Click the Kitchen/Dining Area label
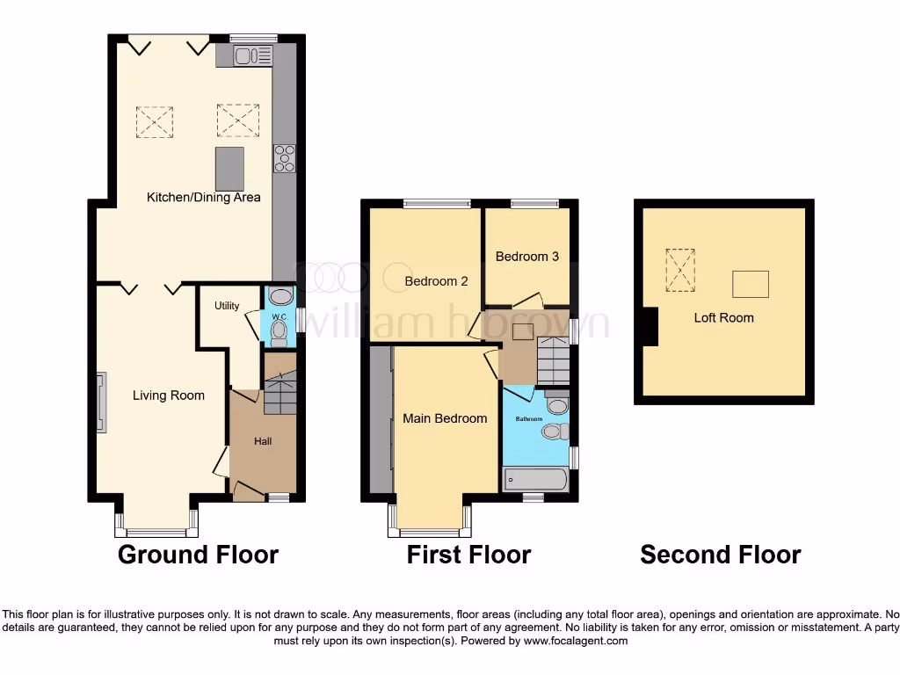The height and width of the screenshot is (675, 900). [203, 197]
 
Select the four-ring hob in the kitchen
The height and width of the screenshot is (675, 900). [285, 158]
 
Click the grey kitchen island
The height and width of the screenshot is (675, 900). [229, 169]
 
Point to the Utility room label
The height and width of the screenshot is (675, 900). [227, 306]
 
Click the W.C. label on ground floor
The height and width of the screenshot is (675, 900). [279, 317]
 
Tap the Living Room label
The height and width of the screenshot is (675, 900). [168, 396]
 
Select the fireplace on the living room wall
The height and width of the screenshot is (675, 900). [101, 403]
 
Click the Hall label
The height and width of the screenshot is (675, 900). [262, 439]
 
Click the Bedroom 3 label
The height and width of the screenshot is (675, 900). [526, 257]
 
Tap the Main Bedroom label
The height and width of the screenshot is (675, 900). [445, 418]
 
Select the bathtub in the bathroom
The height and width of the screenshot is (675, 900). [534, 480]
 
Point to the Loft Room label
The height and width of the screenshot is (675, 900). [723, 317]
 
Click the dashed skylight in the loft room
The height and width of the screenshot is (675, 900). [679, 269]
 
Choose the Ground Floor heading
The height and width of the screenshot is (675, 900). [198, 555]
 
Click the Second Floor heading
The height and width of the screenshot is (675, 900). [720, 555]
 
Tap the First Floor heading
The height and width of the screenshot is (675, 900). [468, 555]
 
